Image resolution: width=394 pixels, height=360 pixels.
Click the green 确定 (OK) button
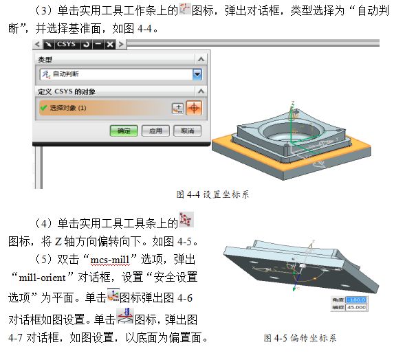123,130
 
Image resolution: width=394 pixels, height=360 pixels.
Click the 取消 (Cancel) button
186,130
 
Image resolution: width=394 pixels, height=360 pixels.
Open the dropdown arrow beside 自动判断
197,74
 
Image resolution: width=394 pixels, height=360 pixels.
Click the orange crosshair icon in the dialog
194,108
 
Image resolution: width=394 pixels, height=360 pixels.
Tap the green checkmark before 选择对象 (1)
43,108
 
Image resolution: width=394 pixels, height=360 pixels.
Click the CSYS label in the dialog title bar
67,44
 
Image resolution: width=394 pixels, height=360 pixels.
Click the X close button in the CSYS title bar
109,44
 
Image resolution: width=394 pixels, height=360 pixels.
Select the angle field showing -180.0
357,300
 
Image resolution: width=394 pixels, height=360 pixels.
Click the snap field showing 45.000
357,308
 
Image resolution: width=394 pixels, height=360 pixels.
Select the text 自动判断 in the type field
68,74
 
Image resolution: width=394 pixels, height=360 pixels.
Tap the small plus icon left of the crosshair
177,108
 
